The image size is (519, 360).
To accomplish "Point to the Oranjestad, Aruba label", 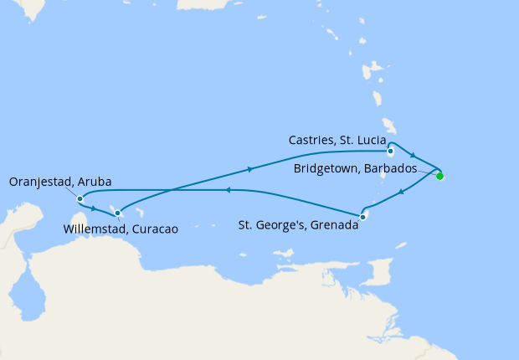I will click(60, 182).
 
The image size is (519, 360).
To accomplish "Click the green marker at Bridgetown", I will click(439, 176).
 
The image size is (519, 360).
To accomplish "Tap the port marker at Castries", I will click(391, 152).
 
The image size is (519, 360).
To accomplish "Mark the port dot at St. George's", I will click(362, 218).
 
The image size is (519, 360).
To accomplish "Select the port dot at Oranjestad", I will click(80, 199).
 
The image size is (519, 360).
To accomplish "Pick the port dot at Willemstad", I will click(118, 213).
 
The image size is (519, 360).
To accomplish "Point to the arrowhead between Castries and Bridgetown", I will click(414, 156).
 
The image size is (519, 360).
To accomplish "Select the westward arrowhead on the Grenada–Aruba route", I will click(226, 190).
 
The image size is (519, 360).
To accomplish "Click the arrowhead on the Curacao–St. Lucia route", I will click(249, 170).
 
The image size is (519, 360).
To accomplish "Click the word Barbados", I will click(390, 169).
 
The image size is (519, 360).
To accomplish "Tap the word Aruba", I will click(96, 182).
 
